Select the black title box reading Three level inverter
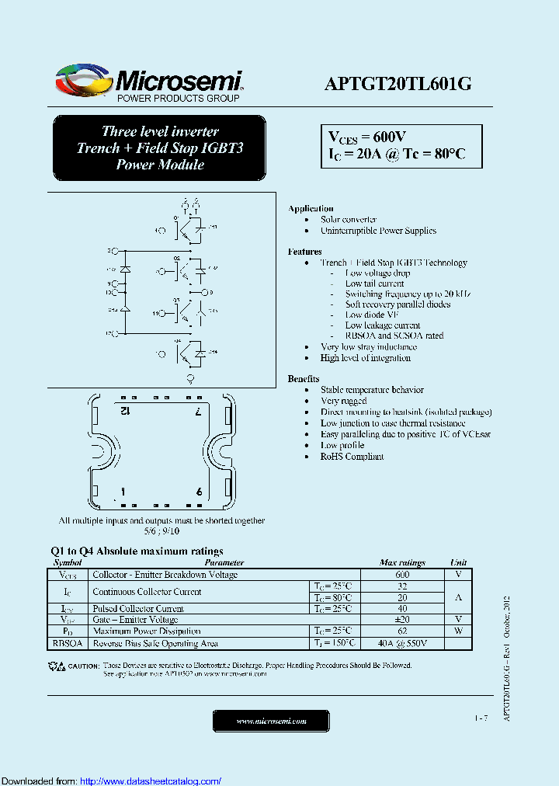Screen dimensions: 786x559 [x=160, y=148]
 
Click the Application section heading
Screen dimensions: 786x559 [x=311, y=208]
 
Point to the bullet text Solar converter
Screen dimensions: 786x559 [x=349, y=220]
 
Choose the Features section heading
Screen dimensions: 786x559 [x=304, y=252]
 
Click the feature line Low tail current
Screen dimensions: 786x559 [x=374, y=283]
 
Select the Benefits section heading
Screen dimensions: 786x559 [x=304, y=378]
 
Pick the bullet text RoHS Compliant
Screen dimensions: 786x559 [x=352, y=457]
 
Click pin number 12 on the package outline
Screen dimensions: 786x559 [x=124, y=409]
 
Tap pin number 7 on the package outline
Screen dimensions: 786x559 [x=199, y=409]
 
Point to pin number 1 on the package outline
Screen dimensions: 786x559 [x=123, y=492]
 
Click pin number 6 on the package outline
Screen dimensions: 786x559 [x=200, y=492]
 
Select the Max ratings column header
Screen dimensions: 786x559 [x=402, y=562]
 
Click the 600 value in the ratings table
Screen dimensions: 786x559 [x=402, y=575]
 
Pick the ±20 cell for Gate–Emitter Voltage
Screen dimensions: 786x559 [x=402, y=620]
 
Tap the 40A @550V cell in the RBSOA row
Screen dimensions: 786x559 [x=402, y=643]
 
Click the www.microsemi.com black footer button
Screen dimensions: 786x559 [x=271, y=722]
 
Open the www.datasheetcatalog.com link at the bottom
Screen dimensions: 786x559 [x=151, y=781]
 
